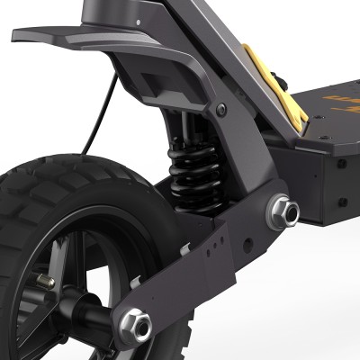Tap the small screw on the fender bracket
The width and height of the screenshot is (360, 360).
(220, 111)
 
